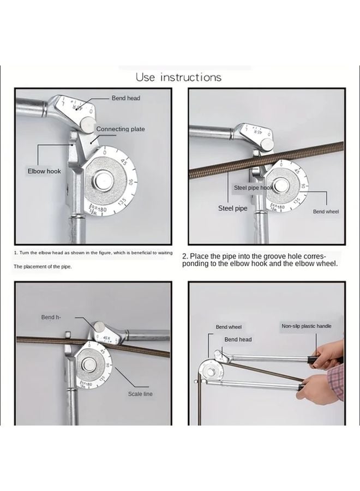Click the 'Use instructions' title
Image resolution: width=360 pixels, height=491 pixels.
click(179, 77)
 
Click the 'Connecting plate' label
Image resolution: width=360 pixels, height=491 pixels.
click(121, 129)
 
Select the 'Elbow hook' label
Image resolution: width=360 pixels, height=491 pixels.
click(45, 171)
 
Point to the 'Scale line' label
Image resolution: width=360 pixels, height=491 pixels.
click(140, 393)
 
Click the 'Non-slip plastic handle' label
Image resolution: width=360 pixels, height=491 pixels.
click(306, 326)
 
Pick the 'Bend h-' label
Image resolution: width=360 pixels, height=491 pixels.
click(52, 317)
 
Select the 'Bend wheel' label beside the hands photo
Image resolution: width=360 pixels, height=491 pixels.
click(229, 327)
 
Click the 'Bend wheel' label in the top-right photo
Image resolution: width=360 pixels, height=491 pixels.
click(326, 211)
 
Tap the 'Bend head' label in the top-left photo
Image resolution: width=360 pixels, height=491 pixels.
click(126, 98)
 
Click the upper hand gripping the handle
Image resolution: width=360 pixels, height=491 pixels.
click(329, 355)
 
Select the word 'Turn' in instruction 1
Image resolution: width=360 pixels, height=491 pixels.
click(26, 253)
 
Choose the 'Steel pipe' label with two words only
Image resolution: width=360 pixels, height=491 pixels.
click(233, 208)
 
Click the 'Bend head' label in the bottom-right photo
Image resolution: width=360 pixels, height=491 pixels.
click(238, 339)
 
